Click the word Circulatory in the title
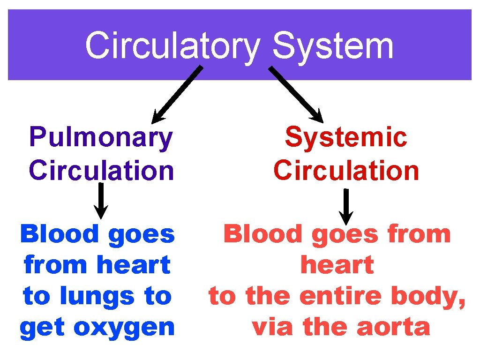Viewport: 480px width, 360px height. pyautogui.click(x=172, y=46)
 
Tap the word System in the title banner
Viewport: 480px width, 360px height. pyautogui.click(x=332, y=46)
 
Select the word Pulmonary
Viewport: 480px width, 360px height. pyautogui.click(x=101, y=138)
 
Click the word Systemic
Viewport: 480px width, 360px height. pyautogui.click(x=346, y=138)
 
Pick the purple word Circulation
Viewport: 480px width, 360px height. pyautogui.click(x=101, y=171)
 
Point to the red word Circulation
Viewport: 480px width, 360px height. pyautogui.click(x=346, y=171)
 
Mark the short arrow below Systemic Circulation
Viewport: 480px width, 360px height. pyautogui.click(x=346, y=206)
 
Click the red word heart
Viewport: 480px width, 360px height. pyautogui.click(x=337, y=265)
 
